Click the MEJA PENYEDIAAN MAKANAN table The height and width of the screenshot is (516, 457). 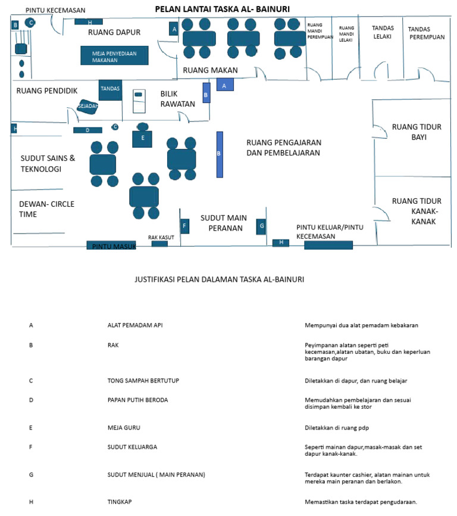114,55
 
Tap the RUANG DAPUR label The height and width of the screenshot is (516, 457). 114,32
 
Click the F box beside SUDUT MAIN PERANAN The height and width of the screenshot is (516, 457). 184,226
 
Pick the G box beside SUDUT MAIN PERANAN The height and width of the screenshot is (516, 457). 261,226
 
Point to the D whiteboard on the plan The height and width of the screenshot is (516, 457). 87,130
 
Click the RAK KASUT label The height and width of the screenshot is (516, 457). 161,237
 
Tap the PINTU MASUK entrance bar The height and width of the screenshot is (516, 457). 111,245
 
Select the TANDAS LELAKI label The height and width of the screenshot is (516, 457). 383,32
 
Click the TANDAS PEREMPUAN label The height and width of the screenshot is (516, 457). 427,33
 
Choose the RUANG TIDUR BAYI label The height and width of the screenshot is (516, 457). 417,132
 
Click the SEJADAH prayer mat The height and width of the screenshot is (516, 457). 87,106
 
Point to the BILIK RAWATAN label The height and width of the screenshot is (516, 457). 177,99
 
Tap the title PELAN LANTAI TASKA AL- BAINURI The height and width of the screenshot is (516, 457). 223,9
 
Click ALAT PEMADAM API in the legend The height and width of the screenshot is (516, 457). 135,325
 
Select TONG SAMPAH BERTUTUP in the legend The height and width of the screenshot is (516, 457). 143,381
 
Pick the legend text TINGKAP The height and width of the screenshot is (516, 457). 120,502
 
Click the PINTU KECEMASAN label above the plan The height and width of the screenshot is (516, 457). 55,10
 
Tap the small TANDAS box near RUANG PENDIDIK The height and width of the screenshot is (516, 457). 111,90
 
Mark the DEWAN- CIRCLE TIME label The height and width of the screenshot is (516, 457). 46,209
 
